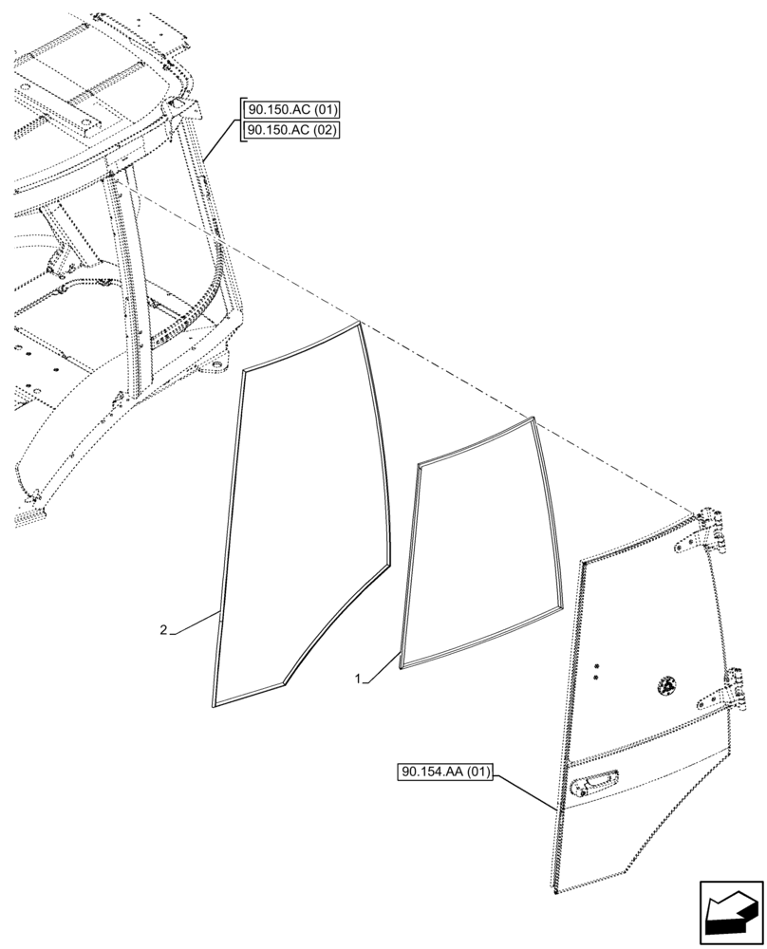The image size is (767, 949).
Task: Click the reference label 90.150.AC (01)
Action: pos(291,109)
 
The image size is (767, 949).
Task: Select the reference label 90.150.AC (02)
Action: pos(291,130)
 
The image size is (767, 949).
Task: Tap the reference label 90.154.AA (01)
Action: pos(444,772)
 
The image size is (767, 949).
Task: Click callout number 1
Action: pos(357,679)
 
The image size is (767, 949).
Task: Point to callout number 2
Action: pos(164,630)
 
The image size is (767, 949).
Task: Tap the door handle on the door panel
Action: pos(594,784)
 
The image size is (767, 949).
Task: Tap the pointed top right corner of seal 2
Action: pos(359,325)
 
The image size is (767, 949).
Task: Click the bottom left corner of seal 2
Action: pos(213,703)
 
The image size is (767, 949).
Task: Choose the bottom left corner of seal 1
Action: pos(402,666)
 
